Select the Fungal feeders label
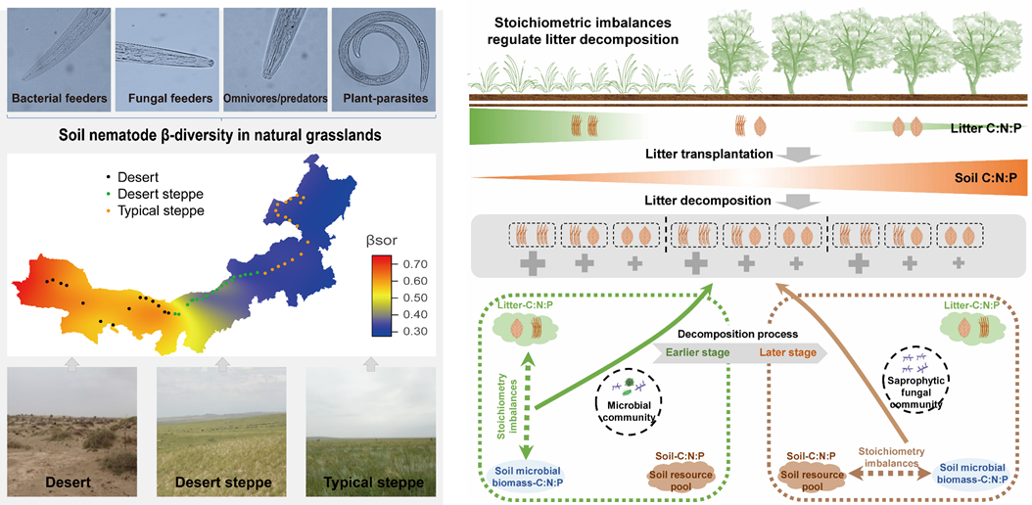tap(169, 99)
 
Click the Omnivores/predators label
tap(276, 99)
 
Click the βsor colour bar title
tap(385, 238)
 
